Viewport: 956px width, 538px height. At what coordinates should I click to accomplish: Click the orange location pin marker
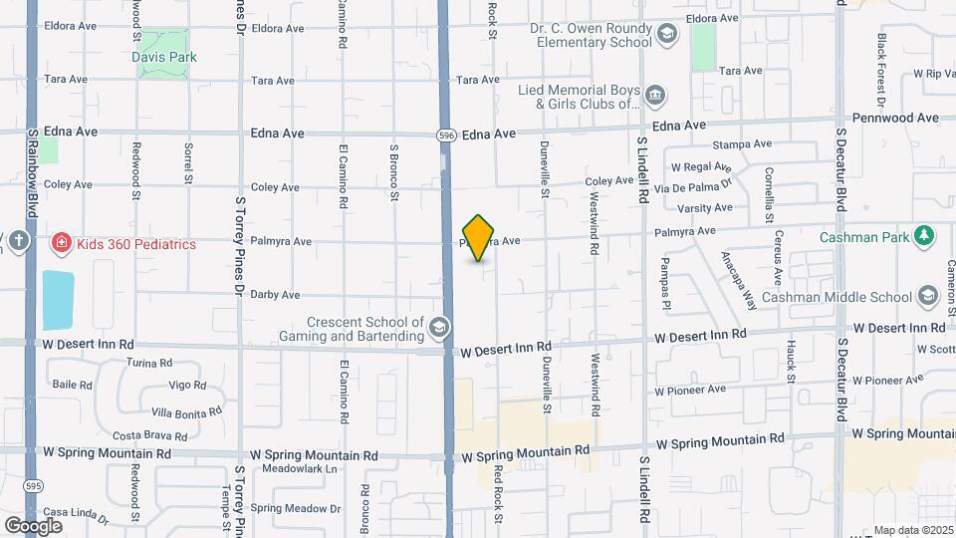[x=479, y=238]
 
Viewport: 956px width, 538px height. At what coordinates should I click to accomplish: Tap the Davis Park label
[x=164, y=57]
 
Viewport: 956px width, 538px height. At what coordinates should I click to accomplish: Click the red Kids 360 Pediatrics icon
[x=62, y=243]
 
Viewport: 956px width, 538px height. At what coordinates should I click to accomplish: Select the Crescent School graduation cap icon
[x=438, y=328]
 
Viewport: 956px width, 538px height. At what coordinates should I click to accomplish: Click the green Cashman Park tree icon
[x=926, y=236]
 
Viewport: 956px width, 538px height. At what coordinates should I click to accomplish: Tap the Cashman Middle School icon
[x=928, y=296]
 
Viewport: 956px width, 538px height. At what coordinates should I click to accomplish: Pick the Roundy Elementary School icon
[x=666, y=35]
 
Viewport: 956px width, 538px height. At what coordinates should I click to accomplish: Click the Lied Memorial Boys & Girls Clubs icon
[x=655, y=96]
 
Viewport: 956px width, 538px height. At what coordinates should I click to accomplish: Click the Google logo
[x=33, y=525]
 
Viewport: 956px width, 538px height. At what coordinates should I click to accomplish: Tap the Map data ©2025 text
[x=912, y=530]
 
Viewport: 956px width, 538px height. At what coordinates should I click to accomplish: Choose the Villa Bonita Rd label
[x=185, y=411]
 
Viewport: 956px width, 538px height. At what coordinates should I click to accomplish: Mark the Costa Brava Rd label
[x=150, y=435]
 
